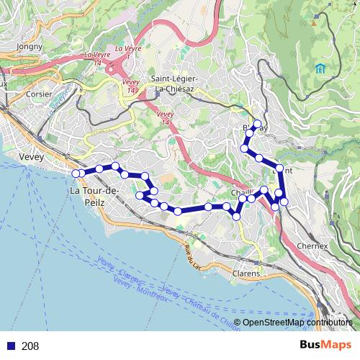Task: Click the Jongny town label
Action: click(x=30, y=46)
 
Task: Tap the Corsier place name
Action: click(x=38, y=94)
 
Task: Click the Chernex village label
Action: click(x=312, y=246)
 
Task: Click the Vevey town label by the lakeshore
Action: click(x=32, y=156)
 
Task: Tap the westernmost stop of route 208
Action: click(x=76, y=173)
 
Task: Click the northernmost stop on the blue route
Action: click(x=256, y=123)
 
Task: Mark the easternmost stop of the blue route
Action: click(x=284, y=202)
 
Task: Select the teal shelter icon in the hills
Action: click(x=319, y=68)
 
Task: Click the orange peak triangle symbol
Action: click(x=314, y=22)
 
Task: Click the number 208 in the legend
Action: click(x=30, y=346)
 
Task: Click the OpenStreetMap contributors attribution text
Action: click(x=297, y=323)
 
